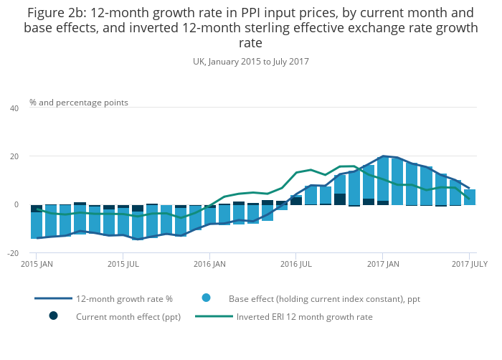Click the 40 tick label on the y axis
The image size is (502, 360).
point(14,108)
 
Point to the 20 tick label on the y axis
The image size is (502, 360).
point(14,156)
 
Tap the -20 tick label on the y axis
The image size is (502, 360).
point(13,253)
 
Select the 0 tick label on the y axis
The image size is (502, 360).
point(16,205)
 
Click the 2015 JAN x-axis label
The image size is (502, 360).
point(37,265)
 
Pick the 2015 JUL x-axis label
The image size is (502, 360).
point(123,265)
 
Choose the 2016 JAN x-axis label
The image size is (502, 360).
point(209,265)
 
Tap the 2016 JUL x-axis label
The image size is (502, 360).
point(295,265)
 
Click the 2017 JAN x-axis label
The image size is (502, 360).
point(382,265)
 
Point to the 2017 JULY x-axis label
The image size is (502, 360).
point(470,265)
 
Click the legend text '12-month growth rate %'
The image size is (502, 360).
point(125,298)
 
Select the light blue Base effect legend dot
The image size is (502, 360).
point(207,298)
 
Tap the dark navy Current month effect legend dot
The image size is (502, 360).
point(53,316)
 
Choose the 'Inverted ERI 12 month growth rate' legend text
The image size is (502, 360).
point(305,316)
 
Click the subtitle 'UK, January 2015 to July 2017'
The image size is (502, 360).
point(251,62)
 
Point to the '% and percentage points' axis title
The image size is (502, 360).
point(79,103)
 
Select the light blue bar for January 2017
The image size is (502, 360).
point(383,179)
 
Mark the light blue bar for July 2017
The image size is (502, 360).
point(470,197)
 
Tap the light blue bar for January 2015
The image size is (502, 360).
point(37,225)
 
